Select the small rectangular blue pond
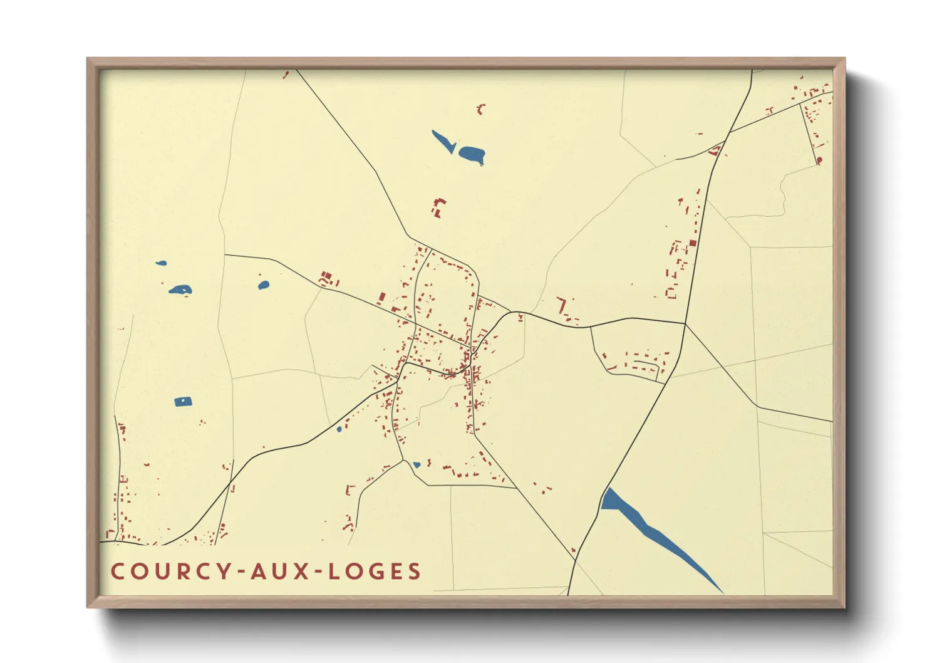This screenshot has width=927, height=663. coord(183,402)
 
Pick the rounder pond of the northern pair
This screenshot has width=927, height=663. coord(472,153)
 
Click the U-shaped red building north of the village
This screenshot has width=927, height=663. coord(438,207)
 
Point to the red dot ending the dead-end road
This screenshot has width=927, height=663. coord(819,161)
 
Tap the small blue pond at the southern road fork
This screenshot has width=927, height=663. coord(417,465)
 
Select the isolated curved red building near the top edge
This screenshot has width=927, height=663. coord(481,110)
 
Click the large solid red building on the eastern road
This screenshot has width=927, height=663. coord(693,243)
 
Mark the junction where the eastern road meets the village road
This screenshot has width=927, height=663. coord(685,324)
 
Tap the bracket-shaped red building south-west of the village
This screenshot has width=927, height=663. coord(350,489)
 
